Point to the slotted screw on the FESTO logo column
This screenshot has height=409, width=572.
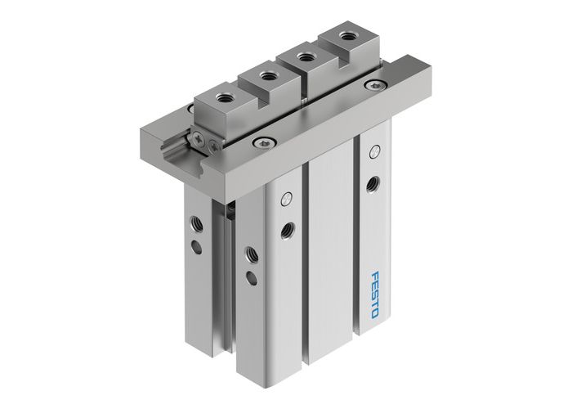pyautogui.click(x=375, y=151)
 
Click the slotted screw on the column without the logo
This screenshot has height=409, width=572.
pyautogui.click(x=286, y=198)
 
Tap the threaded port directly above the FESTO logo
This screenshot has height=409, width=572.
pyautogui.click(x=373, y=182)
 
